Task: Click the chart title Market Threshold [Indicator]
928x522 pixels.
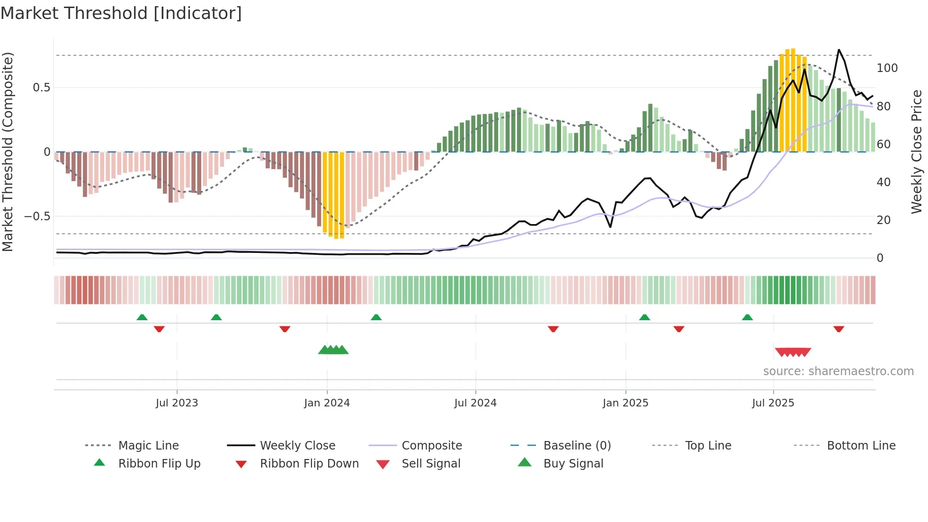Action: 121,13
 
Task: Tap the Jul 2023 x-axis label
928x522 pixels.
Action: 177,403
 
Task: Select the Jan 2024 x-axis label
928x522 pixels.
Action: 327,403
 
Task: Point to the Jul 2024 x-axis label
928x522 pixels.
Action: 475,403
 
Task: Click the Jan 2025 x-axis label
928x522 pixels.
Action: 625,403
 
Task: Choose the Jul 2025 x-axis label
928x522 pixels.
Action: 773,403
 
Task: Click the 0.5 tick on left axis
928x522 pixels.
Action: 41,88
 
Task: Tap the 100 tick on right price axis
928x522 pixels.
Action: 887,68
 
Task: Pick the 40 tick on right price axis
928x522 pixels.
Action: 883,182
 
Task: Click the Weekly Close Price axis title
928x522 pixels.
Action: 917,152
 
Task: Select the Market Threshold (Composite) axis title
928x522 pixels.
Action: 8,152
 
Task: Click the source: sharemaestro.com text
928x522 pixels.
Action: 838,371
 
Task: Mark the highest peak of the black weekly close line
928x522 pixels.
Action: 839,50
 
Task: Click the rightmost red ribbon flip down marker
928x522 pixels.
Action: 839,329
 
